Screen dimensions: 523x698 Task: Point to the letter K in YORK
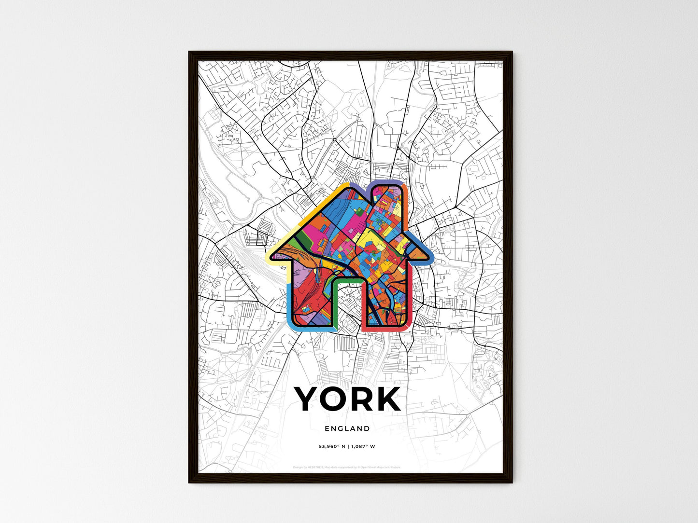(x=388, y=399)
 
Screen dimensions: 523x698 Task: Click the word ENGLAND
(x=347, y=428)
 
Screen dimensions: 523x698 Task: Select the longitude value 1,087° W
(x=363, y=446)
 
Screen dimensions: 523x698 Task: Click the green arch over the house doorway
(x=347, y=281)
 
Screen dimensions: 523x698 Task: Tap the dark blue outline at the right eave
(x=425, y=251)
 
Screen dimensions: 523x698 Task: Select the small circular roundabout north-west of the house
(x=334, y=140)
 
